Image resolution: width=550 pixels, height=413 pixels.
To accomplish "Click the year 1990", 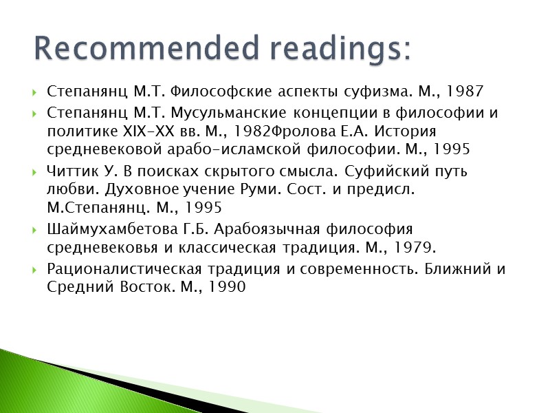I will point(225,286).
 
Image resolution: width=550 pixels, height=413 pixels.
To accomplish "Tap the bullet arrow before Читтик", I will point(35,171).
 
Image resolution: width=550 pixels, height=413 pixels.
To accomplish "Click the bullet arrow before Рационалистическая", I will point(35,269).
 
